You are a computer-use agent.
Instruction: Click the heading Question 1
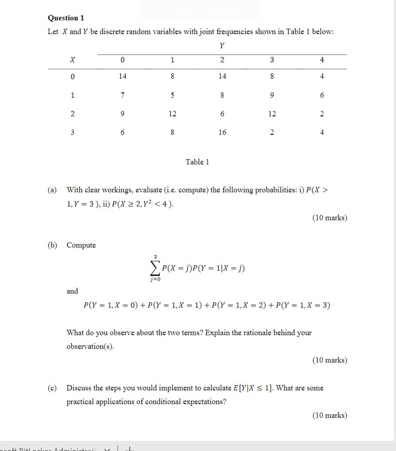click(x=66, y=18)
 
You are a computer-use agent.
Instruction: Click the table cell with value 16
click(x=222, y=132)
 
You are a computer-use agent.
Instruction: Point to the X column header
click(x=72, y=60)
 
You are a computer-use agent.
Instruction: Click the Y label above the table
click(x=222, y=45)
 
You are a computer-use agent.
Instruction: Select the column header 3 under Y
click(x=272, y=60)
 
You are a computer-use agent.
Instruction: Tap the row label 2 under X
click(x=72, y=114)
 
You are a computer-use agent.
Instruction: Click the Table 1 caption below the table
click(x=197, y=162)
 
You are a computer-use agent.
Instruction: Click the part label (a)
click(x=53, y=190)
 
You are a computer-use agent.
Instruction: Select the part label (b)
click(x=53, y=245)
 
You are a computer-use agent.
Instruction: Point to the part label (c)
click(x=53, y=388)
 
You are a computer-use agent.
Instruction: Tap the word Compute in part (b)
click(x=81, y=245)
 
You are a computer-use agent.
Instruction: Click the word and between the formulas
click(x=72, y=291)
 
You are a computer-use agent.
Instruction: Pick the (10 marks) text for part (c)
click(x=330, y=415)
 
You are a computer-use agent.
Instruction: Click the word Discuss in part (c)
click(x=79, y=388)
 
